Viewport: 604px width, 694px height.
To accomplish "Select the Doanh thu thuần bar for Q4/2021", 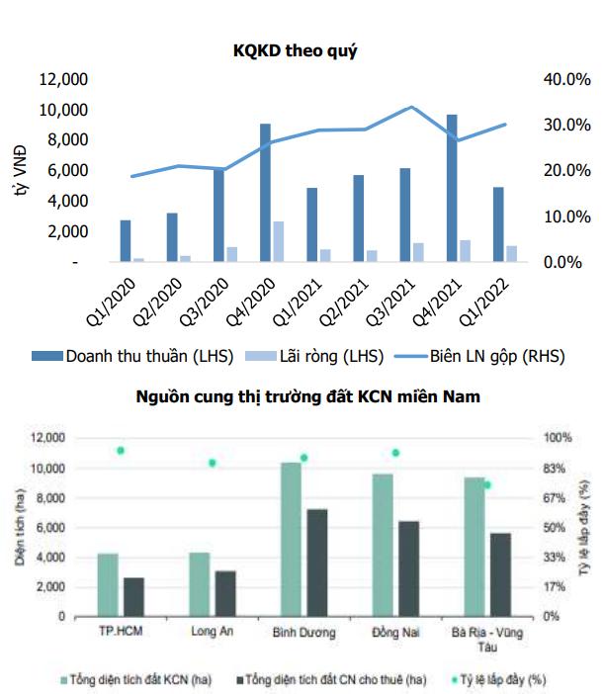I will [x=451, y=188].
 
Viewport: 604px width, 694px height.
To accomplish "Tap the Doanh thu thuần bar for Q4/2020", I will [x=265, y=193].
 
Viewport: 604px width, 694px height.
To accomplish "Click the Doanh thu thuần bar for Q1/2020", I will [x=126, y=241].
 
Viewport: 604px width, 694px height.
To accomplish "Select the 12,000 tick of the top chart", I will [x=65, y=79].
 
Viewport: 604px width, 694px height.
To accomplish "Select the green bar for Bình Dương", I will [x=291, y=539].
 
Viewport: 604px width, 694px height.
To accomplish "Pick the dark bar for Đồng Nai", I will [x=408, y=568].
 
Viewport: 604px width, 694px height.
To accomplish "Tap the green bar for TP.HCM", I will [x=108, y=584].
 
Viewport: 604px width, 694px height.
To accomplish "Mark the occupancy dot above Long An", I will [x=212, y=463].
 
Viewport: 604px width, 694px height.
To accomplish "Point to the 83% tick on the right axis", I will [x=554, y=468].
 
